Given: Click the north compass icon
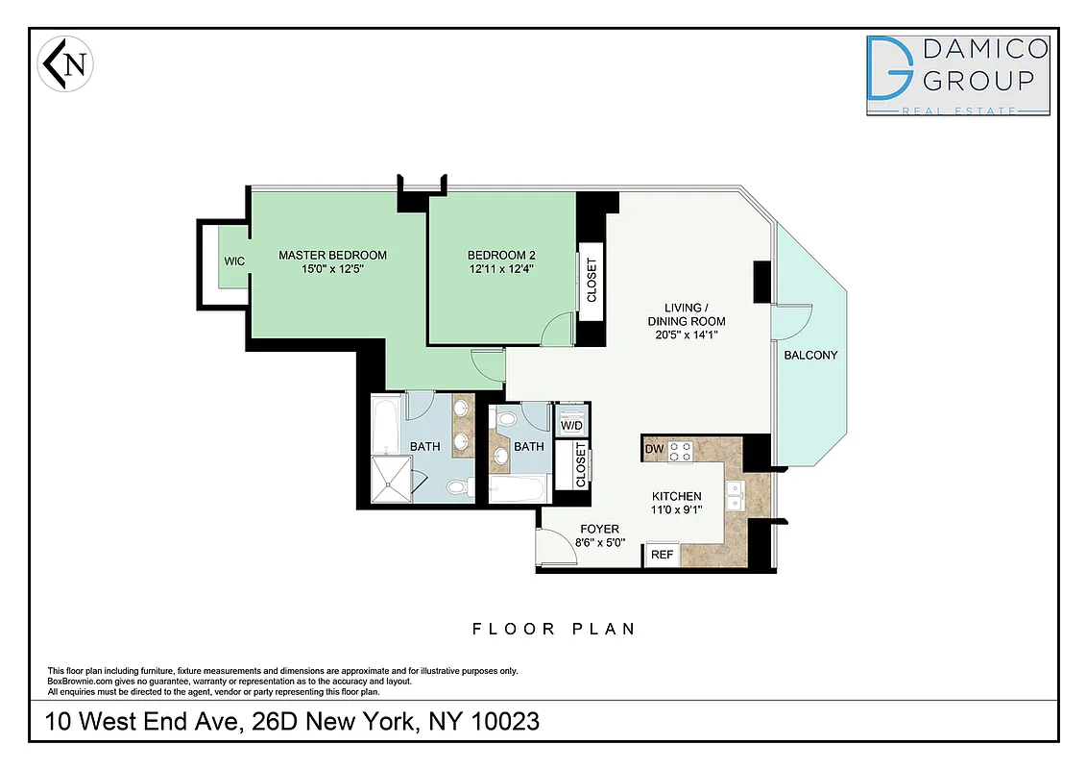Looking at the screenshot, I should (x=65, y=65).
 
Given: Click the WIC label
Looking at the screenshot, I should (x=234, y=260).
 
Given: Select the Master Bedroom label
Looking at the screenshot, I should (x=332, y=255).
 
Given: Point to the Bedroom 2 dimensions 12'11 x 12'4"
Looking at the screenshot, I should (x=501, y=269).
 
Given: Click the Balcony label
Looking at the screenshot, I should (x=810, y=355).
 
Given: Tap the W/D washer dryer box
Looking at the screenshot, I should (x=571, y=424).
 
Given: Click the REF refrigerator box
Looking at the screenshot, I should (x=662, y=555).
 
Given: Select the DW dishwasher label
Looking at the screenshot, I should (x=655, y=449).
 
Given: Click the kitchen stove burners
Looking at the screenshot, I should (x=682, y=451).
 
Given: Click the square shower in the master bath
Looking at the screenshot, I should (x=391, y=478).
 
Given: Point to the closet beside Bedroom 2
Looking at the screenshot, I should (x=591, y=280).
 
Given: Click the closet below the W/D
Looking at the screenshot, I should (x=580, y=465).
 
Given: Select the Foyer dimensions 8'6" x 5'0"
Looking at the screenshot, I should (x=599, y=542).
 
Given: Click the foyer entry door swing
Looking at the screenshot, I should (x=553, y=549).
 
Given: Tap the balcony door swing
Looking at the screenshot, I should (x=792, y=321).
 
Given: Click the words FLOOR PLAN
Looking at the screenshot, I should (x=554, y=629).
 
